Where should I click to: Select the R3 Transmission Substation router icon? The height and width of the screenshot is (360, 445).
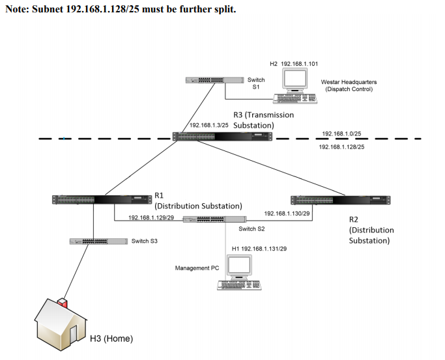222,137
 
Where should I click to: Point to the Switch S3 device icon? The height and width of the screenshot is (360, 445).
98,242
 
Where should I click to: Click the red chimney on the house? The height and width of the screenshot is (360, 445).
63,303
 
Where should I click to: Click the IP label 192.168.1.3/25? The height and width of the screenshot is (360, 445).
208,125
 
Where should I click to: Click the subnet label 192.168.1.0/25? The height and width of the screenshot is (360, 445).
341,133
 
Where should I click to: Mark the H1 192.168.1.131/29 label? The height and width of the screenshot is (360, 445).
259,249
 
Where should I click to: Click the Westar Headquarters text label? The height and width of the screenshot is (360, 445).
349,82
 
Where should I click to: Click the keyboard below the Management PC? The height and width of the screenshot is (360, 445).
238,286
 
